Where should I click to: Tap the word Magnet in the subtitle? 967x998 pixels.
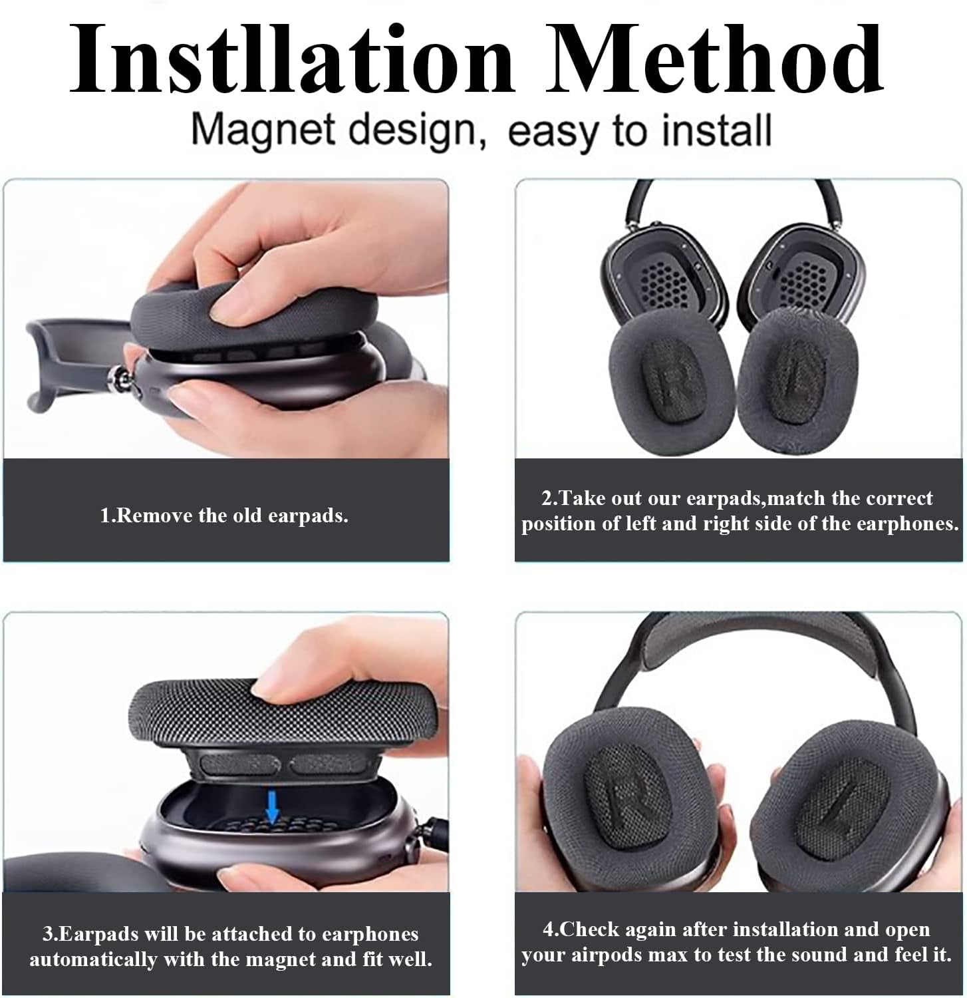point(266,130)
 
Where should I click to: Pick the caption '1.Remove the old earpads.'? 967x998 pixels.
point(224,516)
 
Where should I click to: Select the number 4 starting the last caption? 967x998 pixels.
point(548,929)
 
